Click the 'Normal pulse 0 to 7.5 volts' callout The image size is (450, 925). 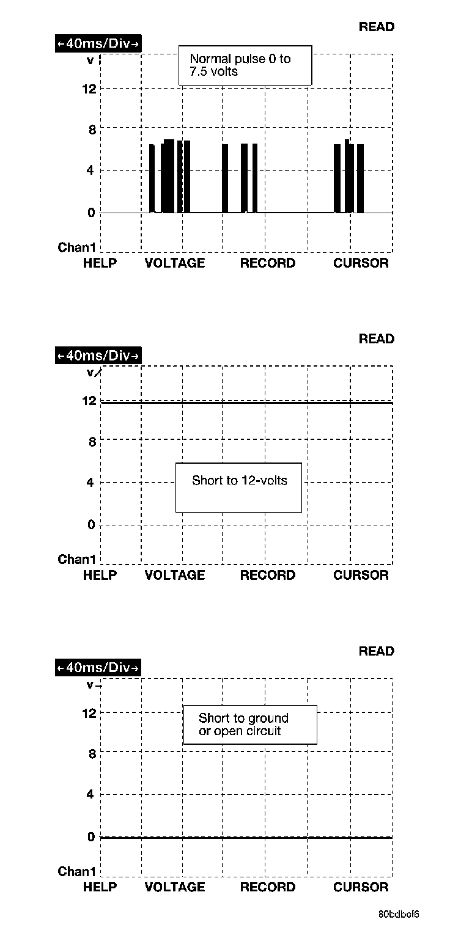coord(245,65)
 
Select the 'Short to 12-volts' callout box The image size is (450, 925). coord(238,487)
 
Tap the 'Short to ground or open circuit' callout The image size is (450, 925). coord(249,725)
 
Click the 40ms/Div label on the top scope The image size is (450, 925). coord(98,43)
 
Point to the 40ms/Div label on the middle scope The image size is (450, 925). coord(98,355)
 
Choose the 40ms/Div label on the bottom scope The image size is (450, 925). coord(98,668)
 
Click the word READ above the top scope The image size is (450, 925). coord(376,27)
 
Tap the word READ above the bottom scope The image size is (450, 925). coord(376,651)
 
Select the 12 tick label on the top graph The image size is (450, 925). coord(89,89)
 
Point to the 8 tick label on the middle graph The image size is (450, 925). coord(92,442)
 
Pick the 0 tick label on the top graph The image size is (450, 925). coord(92,213)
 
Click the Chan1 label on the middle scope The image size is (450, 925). coord(77,559)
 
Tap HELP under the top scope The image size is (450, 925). coord(100,263)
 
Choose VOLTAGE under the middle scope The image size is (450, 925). coord(175,575)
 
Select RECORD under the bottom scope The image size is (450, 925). coord(267,887)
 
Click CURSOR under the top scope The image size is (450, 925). coord(361,263)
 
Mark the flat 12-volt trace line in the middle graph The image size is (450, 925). coord(245,403)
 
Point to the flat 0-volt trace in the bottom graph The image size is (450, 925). coord(245,838)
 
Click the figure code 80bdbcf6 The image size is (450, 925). coord(399,915)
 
